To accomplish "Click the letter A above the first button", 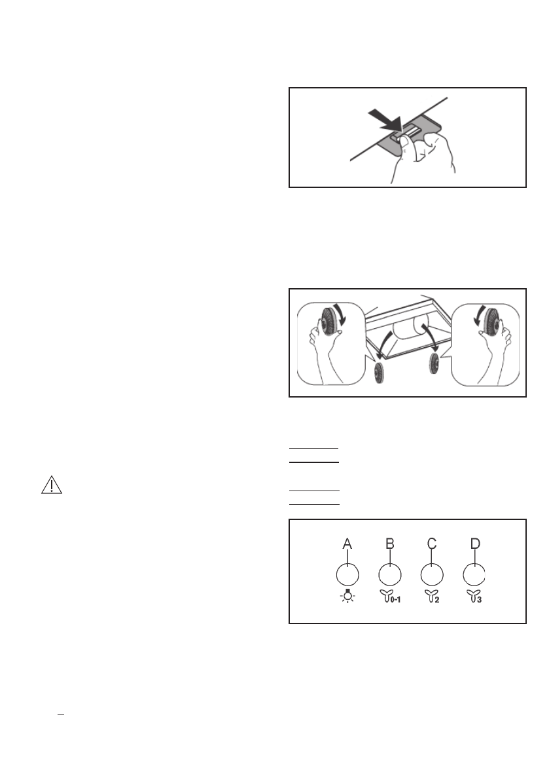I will (x=347, y=544).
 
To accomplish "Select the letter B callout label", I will (x=389, y=544).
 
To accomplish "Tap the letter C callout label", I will (x=431, y=544).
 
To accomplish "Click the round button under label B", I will (x=390, y=574).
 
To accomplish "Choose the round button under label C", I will (x=432, y=574).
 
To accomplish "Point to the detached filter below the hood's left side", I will (x=378, y=374).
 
